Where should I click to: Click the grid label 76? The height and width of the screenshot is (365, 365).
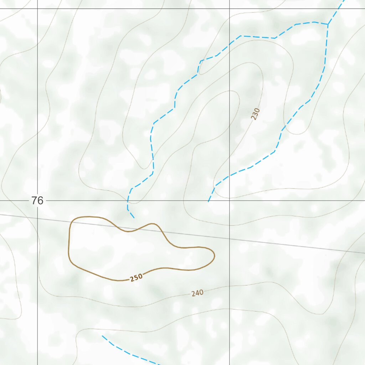[x=37, y=201]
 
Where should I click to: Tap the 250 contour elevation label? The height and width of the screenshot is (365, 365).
[x=136, y=277]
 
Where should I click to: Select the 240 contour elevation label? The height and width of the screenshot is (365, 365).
[x=197, y=293]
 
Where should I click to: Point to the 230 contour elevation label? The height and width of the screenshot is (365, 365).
[x=255, y=114]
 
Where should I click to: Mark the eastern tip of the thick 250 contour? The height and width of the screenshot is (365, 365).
[x=214, y=255]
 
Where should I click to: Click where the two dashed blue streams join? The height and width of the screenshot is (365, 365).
[x=328, y=25]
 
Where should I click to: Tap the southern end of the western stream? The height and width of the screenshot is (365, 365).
[x=134, y=218]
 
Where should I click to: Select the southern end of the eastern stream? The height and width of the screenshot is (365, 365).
[x=209, y=202]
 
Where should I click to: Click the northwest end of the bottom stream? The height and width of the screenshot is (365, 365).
[x=102, y=336]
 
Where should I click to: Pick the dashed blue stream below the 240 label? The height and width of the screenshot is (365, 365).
[x=132, y=355]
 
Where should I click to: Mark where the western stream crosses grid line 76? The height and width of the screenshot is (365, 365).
[x=128, y=201]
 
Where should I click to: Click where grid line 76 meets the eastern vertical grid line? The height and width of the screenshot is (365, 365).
[x=229, y=201]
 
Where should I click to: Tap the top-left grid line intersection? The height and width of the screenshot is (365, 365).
[x=37, y=9]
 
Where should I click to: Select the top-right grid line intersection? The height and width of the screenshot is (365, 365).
[x=229, y=9]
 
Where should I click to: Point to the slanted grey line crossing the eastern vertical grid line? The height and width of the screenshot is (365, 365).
[x=229, y=239]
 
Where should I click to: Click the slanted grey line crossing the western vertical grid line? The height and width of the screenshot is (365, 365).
[x=37, y=218]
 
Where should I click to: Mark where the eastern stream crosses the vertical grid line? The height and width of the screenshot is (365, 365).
[x=229, y=176]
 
